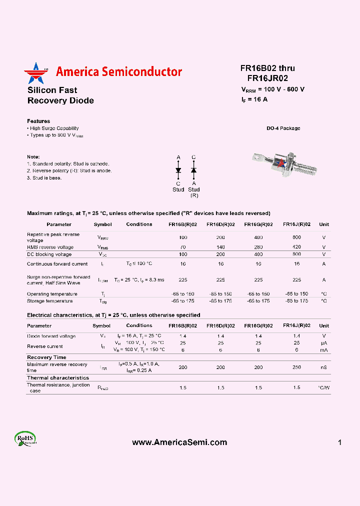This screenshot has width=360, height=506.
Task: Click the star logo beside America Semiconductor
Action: [34, 73]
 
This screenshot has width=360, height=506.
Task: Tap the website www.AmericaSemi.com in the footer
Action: [179, 442]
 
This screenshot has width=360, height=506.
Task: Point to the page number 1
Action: [339, 442]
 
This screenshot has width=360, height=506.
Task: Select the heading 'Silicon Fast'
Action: [52, 90]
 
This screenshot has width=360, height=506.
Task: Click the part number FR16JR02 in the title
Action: [267, 78]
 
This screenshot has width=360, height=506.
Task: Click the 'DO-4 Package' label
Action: [283, 128]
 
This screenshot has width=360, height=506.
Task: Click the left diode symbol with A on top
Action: [178, 170]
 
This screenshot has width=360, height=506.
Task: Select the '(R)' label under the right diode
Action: [194, 195]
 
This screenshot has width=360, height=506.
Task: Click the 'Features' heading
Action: [38, 121]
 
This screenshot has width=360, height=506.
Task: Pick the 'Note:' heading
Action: [33, 156]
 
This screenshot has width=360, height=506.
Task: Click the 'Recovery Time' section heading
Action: [46, 357]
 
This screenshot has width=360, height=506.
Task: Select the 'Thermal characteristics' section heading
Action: [58, 378]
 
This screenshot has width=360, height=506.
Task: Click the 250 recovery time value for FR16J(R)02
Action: [296, 367]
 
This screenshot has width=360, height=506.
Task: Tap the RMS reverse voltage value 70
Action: [183, 247]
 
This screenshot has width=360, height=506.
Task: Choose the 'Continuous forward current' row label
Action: [57, 264]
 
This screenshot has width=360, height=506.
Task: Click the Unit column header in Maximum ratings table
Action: [324, 224]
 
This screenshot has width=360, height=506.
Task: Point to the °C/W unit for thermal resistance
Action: [324, 388]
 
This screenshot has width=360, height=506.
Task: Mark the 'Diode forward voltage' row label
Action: [51, 336]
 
